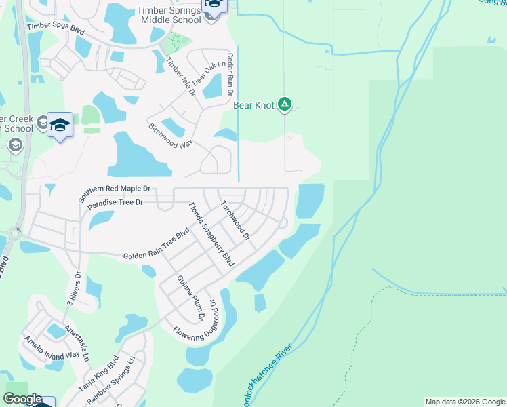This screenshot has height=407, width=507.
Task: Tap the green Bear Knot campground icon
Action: coord(285,104)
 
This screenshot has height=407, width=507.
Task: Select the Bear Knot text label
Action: coord(254,105)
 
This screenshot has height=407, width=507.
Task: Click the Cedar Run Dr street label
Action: coord(230,75)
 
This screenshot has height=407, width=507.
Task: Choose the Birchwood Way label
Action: coord(173,136)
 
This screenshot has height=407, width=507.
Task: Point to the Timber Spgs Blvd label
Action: coord(55,28)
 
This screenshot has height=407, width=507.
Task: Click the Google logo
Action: coord(22,399)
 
